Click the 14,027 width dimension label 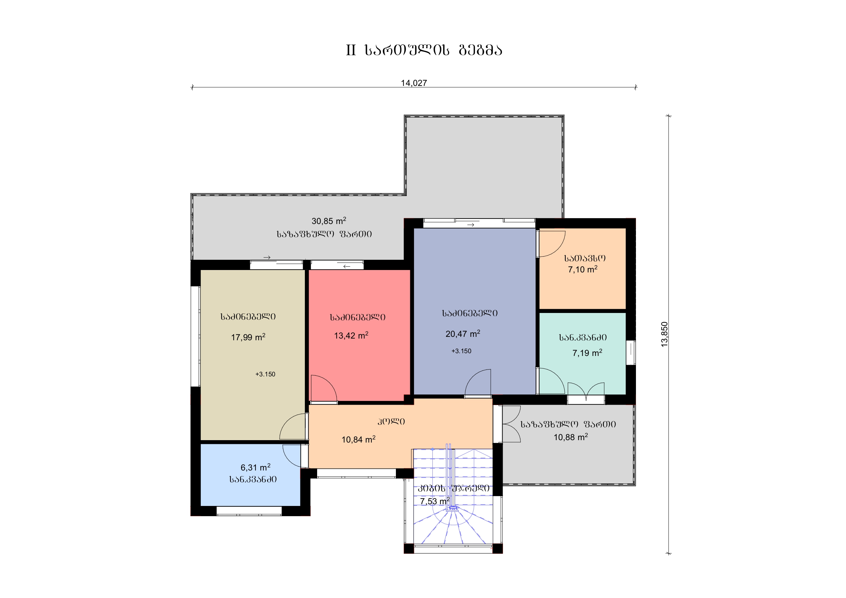click(414, 83)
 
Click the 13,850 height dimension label click(664, 334)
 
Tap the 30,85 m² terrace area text click(329, 221)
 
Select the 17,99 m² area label click(248, 337)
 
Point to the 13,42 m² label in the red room click(351, 335)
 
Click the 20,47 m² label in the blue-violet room click(463, 333)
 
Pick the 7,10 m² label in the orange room click(582, 269)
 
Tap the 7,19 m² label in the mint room click(587, 353)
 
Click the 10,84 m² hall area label click(358, 439)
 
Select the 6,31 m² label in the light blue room click(255, 467)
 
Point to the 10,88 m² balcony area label click(571, 437)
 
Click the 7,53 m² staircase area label click(435, 501)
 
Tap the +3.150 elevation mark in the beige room click(265, 374)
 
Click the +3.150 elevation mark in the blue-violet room click(461, 351)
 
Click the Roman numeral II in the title click(351, 50)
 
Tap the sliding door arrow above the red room click(347, 266)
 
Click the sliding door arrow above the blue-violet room click(471, 225)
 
